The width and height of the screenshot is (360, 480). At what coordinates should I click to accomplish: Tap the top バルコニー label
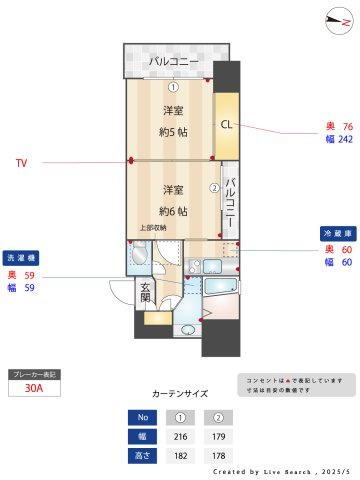pos(172,63)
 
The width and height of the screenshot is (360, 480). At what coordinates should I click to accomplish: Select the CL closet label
pos(226,125)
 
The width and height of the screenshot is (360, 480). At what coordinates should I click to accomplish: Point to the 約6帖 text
pos(172,209)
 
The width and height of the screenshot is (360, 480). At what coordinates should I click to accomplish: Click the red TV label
pos(20,161)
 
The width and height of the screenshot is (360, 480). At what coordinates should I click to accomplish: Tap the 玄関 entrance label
pos(146,293)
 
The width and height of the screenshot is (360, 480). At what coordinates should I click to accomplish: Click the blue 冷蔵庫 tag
pos(335,232)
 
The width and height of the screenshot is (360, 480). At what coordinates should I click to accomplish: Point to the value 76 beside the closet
pos(347,126)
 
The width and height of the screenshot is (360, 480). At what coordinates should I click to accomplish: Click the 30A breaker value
pos(34,389)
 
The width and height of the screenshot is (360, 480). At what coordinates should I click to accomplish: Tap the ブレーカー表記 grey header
pos(34,374)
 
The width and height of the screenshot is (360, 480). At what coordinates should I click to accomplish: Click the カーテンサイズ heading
pos(180,394)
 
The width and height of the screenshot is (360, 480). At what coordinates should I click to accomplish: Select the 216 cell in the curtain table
pos(181,436)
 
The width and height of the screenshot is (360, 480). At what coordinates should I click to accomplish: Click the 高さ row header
pos(143,456)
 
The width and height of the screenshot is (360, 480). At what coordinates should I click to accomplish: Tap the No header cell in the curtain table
pos(143,417)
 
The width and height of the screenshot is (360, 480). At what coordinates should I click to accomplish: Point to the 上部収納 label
pos(153,228)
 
